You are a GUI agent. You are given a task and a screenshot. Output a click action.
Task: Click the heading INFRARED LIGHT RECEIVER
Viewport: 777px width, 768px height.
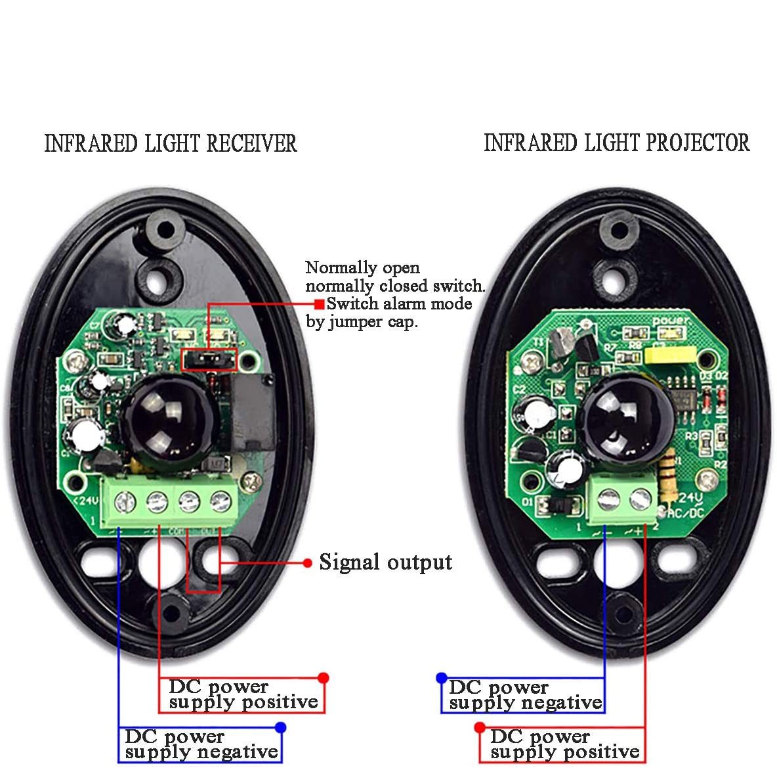(x=171, y=143)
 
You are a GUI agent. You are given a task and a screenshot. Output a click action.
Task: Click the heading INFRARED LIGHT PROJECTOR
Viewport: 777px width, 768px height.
(x=616, y=143)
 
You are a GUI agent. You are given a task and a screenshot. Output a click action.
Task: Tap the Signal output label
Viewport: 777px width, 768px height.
(x=385, y=562)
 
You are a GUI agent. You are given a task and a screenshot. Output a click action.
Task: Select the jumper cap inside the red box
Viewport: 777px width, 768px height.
(x=200, y=359)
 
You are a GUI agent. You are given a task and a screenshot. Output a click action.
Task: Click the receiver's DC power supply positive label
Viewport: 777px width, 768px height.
(x=243, y=694)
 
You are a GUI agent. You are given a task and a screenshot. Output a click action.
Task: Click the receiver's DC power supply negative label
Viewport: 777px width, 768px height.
(x=201, y=744)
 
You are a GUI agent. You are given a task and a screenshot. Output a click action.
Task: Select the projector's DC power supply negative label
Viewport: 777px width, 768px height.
(x=524, y=695)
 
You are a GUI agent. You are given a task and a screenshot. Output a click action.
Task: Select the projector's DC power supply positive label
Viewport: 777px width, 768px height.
(x=564, y=744)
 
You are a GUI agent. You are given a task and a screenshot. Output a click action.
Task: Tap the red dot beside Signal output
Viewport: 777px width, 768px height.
(x=307, y=563)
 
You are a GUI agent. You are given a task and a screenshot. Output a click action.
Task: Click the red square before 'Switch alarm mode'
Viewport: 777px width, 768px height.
(x=318, y=304)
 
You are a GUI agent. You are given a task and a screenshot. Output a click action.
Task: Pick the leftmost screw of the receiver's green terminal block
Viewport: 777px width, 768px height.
(x=123, y=503)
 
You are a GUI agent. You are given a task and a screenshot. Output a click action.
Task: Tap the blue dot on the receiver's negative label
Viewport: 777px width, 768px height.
(x=281, y=727)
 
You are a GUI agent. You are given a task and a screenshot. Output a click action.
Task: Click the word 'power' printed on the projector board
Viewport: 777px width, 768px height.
(x=671, y=321)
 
